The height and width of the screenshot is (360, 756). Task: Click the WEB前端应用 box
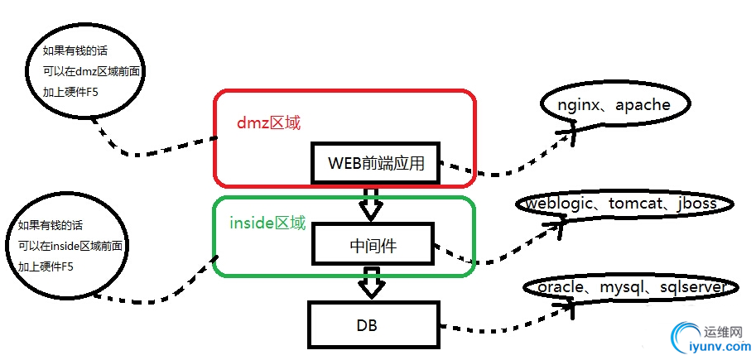pos(376,163)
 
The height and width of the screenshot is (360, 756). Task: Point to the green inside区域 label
pos(267,223)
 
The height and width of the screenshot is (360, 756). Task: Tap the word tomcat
pos(637,204)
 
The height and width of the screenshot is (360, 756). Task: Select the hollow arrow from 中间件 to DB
pos(370,283)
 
